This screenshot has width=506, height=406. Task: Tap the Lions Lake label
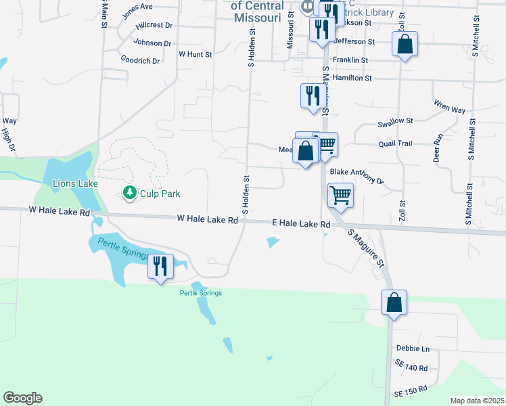click(75, 183)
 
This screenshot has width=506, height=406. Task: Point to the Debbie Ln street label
click(413, 348)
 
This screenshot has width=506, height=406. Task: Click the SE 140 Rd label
click(413, 368)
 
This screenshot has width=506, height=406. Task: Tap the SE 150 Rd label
click(411, 391)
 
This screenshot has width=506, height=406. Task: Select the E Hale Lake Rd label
click(301, 223)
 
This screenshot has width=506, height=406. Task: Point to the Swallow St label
click(396, 121)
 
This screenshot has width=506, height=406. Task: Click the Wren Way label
click(449, 107)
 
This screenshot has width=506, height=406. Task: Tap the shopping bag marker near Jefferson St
click(405, 45)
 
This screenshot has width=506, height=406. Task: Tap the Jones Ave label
click(137, 10)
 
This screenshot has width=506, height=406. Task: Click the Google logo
click(22, 398)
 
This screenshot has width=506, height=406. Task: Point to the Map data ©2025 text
click(477, 401)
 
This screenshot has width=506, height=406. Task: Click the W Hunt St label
click(195, 53)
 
